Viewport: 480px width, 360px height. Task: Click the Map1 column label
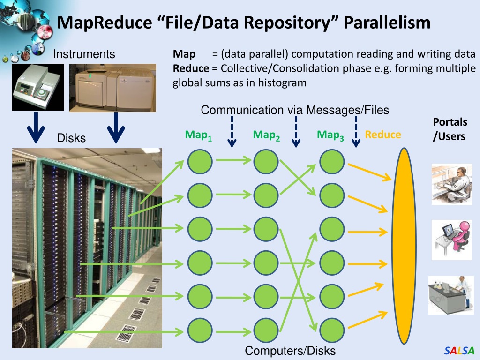(x=198, y=135)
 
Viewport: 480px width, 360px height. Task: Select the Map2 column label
(x=266, y=135)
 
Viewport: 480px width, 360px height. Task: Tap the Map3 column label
(x=330, y=135)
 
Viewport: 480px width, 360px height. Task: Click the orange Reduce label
(x=383, y=135)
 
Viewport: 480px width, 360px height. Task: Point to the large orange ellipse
(x=404, y=246)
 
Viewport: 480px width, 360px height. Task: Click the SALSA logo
(x=459, y=350)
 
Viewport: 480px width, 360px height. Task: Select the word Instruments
(x=84, y=54)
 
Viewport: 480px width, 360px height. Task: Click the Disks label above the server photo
(x=71, y=138)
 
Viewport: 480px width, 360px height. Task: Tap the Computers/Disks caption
(x=290, y=351)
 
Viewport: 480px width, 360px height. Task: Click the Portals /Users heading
(x=450, y=129)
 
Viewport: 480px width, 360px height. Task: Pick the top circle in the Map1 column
(x=200, y=162)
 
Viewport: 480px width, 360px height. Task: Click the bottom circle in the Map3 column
(x=332, y=330)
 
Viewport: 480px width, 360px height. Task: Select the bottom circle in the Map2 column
(x=266, y=330)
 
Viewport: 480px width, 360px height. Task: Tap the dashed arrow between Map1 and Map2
(x=232, y=132)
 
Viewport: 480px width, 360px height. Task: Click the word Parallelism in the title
(x=387, y=22)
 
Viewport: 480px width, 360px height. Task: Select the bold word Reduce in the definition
(x=191, y=68)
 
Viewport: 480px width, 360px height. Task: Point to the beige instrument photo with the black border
(x=38, y=87)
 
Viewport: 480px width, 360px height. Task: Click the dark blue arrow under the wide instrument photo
(x=116, y=127)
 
